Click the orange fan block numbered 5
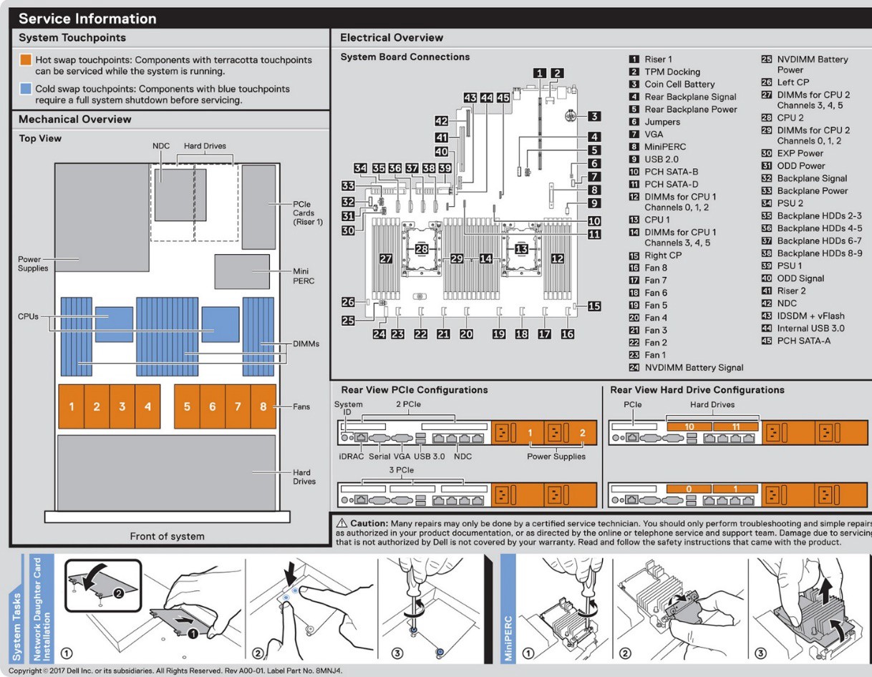[187, 406]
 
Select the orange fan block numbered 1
[71, 406]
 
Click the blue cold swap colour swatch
[25, 89]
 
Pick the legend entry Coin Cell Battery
[679, 84]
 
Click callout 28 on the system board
[422, 248]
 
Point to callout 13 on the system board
[522, 248]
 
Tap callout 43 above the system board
[470, 97]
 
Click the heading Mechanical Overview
[74, 119]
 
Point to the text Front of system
[167, 536]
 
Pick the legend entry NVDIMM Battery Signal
[693, 367]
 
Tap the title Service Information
[87, 19]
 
